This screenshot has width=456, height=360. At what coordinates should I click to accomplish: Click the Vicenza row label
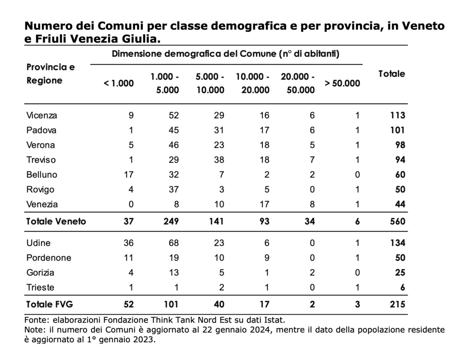[x=41, y=115]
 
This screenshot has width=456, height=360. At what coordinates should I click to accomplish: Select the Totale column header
[x=391, y=74]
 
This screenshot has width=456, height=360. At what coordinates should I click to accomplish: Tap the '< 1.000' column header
[x=118, y=83]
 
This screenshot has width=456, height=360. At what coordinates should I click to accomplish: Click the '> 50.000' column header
[x=342, y=83]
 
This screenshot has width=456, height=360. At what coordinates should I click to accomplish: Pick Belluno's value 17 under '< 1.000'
[x=129, y=174]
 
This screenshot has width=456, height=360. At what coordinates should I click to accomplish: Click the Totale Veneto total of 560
[x=398, y=222]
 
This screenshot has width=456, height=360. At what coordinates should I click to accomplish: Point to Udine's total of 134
[x=398, y=243]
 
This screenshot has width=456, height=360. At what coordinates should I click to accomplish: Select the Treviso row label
[x=41, y=160]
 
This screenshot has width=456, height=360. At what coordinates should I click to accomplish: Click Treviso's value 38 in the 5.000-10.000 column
[x=219, y=160]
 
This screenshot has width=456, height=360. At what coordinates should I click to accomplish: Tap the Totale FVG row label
[x=49, y=304]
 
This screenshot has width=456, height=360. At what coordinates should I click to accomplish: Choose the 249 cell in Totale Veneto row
[x=171, y=222]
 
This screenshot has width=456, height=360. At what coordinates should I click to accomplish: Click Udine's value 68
[x=174, y=243]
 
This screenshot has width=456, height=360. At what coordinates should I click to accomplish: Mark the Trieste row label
[x=40, y=287]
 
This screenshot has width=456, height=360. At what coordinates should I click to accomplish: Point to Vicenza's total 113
[x=398, y=115]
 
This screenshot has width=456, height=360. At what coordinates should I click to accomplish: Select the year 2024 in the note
[x=263, y=330]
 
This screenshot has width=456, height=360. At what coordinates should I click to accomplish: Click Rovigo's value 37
[x=174, y=190]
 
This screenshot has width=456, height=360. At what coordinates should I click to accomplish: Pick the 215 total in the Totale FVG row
[x=398, y=304]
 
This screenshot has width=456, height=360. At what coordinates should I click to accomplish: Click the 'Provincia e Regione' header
[x=51, y=74]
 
